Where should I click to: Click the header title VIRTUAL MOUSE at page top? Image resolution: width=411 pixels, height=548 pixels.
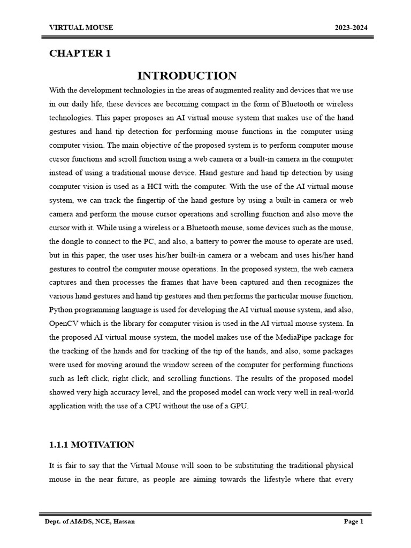point(81,28)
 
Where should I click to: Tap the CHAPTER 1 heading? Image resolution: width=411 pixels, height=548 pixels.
point(80,54)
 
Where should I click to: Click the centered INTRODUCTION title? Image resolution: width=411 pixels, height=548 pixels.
point(187,75)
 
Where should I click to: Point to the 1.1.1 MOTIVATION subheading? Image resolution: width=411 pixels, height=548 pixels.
point(92,445)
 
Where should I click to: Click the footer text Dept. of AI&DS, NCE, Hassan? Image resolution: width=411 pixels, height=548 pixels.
point(90,522)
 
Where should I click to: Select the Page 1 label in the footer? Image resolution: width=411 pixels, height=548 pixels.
point(353,522)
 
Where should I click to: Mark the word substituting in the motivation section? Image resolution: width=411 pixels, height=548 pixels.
point(252,466)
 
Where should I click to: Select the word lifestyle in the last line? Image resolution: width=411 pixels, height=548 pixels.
point(287,479)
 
